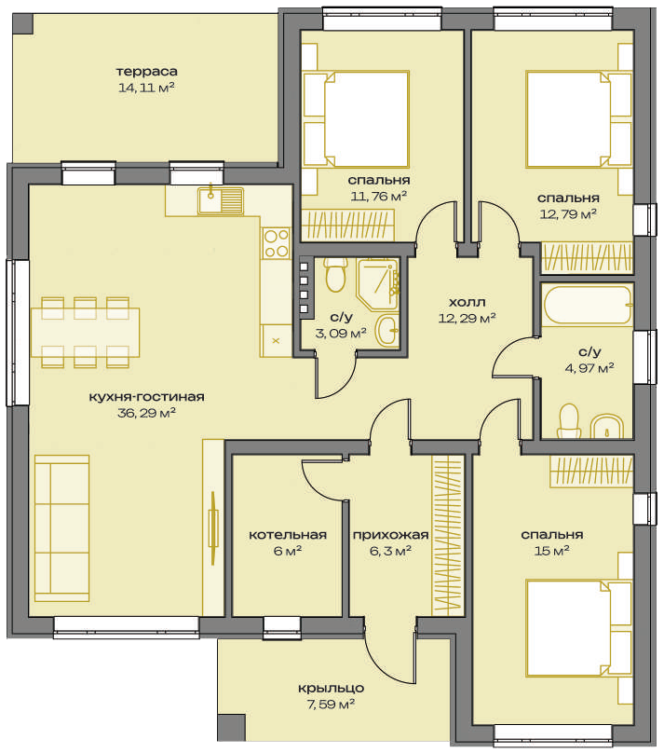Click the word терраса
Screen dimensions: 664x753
[x=147, y=72]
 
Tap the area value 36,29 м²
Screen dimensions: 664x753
[x=147, y=413]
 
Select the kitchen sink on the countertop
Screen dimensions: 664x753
[x=221, y=200]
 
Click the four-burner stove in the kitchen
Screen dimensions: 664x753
[x=276, y=243]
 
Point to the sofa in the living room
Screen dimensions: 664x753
[x=61, y=528]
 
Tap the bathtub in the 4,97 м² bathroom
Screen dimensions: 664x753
[x=589, y=306]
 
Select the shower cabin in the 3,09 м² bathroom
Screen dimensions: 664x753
[x=377, y=284]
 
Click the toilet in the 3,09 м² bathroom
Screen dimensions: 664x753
[x=336, y=275]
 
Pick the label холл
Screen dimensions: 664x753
[x=467, y=303]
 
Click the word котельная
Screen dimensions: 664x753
[x=288, y=535]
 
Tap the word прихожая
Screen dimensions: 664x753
[x=390, y=535]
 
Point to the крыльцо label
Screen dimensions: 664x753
[x=331, y=689]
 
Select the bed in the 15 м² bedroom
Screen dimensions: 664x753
[x=578, y=628]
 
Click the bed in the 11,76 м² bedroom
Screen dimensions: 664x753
[x=356, y=119]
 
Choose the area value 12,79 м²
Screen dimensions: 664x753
[x=568, y=214]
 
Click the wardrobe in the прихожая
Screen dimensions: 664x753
[x=448, y=536]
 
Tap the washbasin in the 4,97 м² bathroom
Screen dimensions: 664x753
[x=607, y=427]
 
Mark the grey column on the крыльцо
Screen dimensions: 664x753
[x=231, y=727]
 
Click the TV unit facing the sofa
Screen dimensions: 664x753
[x=213, y=528]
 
